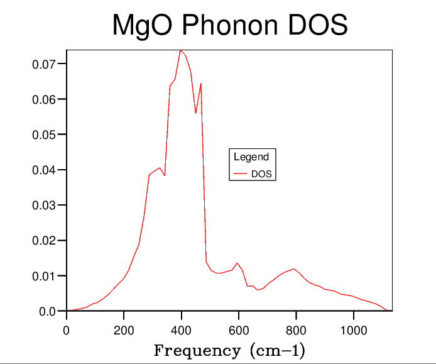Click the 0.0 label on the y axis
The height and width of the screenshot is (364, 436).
(x=48, y=311)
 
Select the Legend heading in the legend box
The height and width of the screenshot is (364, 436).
(x=251, y=157)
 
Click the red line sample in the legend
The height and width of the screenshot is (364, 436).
(x=240, y=174)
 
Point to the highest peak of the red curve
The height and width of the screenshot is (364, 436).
(x=181, y=50)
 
